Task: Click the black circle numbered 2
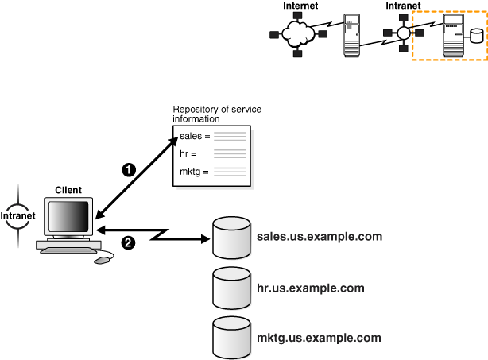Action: click(x=127, y=242)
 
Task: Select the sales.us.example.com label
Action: click(x=320, y=237)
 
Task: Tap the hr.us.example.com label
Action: click(x=311, y=287)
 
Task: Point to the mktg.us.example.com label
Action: click(x=320, y=337)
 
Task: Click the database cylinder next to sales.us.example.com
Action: click(x=231, y=236)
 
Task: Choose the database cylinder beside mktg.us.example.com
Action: click(x=231, y=336)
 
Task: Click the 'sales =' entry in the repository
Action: click(x=195, y=137)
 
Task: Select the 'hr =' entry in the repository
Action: click(x=188, y=153)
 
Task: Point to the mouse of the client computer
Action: click(x=103, y=260)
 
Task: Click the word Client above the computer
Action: click(x=68, y=191)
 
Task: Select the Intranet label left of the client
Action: click(x=16, y=215)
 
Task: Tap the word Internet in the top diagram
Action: click(x=300, y=6)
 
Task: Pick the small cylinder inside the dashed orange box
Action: click(x=476, y=36)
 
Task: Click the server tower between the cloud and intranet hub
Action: click(x=352, y=35)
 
